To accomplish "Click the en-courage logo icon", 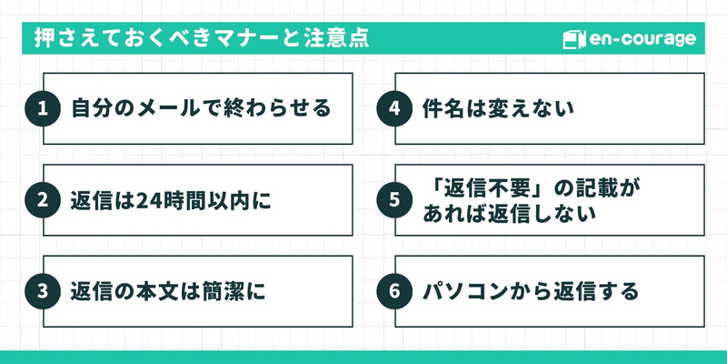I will click(x=572, y=40).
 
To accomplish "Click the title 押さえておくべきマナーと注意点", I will click(x=201, y=40).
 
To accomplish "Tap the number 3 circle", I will click(x=42, y=292).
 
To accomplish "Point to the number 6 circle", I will click(x=393, y=292).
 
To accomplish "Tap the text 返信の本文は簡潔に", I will click(x=168, y=292).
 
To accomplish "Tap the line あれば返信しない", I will click(x=509, y=215).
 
